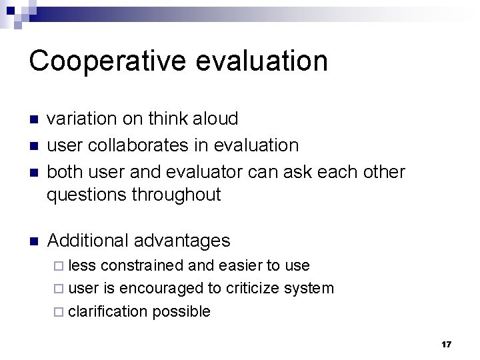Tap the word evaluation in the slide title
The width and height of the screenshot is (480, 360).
coord(265,61)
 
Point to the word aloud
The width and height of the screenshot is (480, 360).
coord(215,119)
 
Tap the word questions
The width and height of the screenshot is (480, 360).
coord(87,195)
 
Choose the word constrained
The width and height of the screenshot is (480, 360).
coord(142,265)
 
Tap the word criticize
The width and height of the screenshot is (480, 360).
coord(253,288)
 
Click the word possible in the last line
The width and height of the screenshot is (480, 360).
coord(181,311)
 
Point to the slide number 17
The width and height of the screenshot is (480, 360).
coord(446,345)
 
